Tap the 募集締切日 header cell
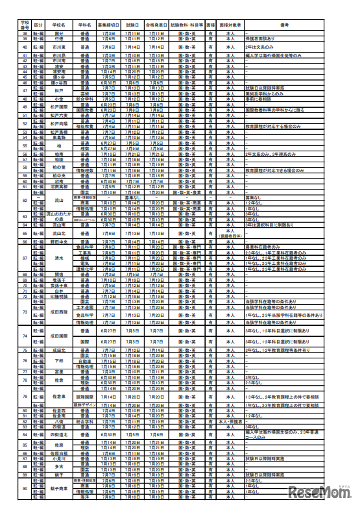(108, 24)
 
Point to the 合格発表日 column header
(156, 24)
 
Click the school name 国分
(59, 33)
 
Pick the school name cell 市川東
(59, 47)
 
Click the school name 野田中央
(59, 241)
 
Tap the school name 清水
(59, 258)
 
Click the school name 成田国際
(59, 336)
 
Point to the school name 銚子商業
(59, 488)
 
